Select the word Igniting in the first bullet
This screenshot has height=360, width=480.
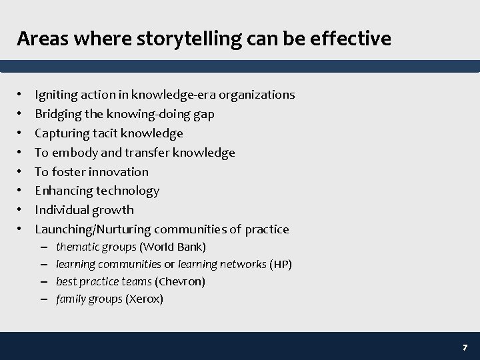click(x=55, y=95)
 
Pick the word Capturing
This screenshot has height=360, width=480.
click(x=61, y=133)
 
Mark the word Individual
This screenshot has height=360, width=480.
click(x=61, y=210)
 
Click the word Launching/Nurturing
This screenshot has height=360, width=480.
click(x=93, y=229)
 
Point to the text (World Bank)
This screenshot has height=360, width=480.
click(x=173, y=247)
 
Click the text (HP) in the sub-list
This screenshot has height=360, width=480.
click(x=281, y=265)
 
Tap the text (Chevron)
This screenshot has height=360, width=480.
click(x=180, y=282)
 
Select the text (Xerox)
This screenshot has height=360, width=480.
click(x=144, y=299)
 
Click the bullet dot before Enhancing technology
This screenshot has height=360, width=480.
click(x=21, y=191)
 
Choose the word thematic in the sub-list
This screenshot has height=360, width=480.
click(x=77, y=247)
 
